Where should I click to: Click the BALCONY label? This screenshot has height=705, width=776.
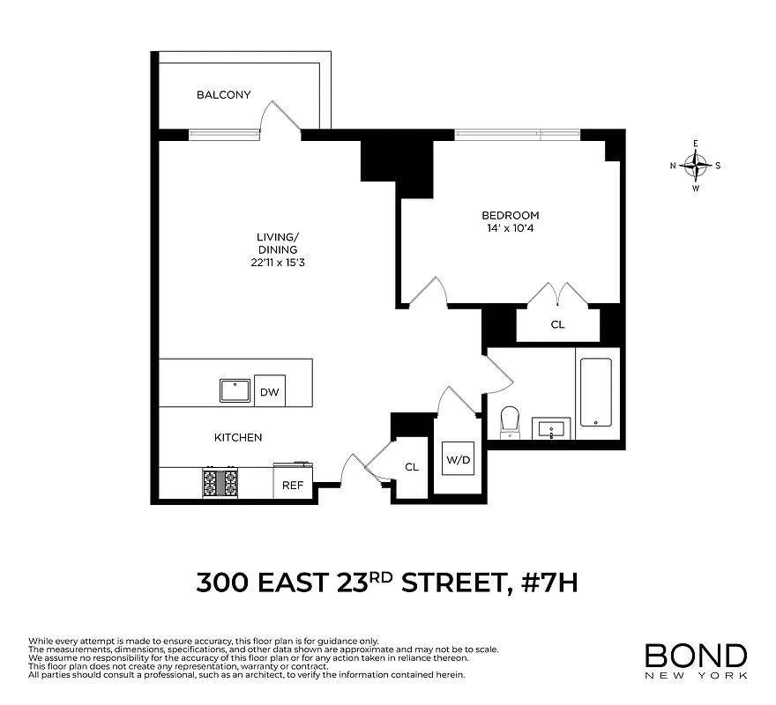click(223, 95)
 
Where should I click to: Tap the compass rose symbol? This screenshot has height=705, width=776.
click(697, 164)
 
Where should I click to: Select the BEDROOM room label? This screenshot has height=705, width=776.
click(510, 215)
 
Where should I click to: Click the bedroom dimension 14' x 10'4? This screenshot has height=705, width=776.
click(510, 228)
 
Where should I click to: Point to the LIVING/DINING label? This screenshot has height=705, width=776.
click(278, 242)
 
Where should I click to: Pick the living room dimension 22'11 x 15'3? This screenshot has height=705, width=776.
click(278, 263)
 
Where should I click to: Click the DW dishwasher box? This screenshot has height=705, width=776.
click(270, 390)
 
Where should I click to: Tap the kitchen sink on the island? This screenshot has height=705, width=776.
click(235, 390)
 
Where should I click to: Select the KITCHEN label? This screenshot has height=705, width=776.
click(238, 437)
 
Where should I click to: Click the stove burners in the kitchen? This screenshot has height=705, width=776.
click(220, 482)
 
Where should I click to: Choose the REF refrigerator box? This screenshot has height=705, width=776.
click(293, 485)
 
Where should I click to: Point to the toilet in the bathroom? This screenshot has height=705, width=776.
click(510, 422)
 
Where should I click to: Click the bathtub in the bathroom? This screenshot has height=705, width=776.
click(597, 392)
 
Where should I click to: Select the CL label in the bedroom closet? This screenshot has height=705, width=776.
click(557, 324)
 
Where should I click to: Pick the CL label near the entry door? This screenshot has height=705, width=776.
click(412, 467)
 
